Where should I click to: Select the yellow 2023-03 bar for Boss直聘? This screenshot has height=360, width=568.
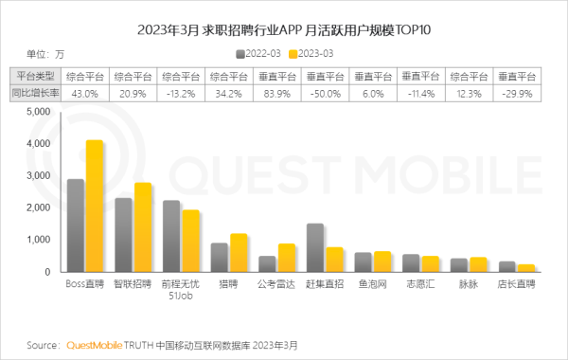(94, 207)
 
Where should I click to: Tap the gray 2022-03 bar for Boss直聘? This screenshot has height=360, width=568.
(76, 225)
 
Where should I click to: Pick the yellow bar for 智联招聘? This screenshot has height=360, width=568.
(142, 227)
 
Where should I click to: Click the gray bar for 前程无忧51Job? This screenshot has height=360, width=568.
(171, 236)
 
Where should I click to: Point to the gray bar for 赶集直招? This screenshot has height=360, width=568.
(315, 248)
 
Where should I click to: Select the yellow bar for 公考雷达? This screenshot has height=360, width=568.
(286, 258)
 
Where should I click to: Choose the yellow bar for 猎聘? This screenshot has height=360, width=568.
(238, 253)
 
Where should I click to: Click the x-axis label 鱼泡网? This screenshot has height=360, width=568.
(372, 283)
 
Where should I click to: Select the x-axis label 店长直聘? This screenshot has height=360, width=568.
(516, 283)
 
